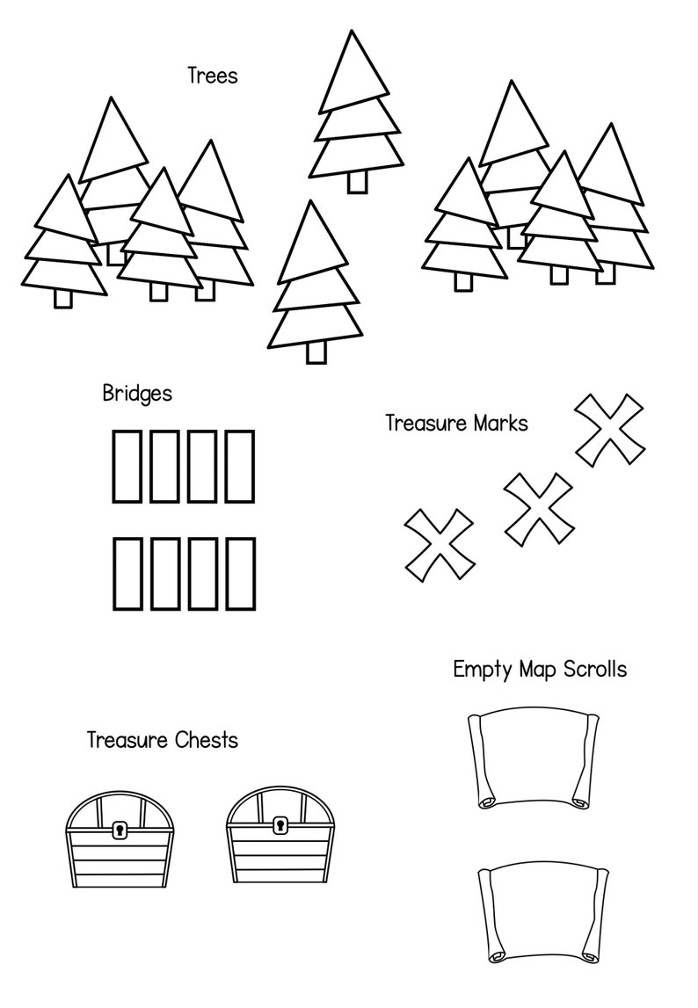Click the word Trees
click(x=212, y=76)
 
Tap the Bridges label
click(x=137, y=393)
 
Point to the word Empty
click(x=482, y=670)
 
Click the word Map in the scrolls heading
click(x=538, y=670)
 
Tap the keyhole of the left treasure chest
click(x=120, y=829)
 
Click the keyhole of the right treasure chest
click(x=280, y=825)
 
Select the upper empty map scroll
click(x=533, y=758)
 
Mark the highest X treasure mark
click(x=608, y=428)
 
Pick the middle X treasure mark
click(x=538, y=508)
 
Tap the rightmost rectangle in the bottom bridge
click(x=240, y=573)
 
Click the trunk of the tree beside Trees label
click(x=356, y=181)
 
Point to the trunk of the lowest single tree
click(x=316, y=352)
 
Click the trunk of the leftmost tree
click(x=63, y=299)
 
